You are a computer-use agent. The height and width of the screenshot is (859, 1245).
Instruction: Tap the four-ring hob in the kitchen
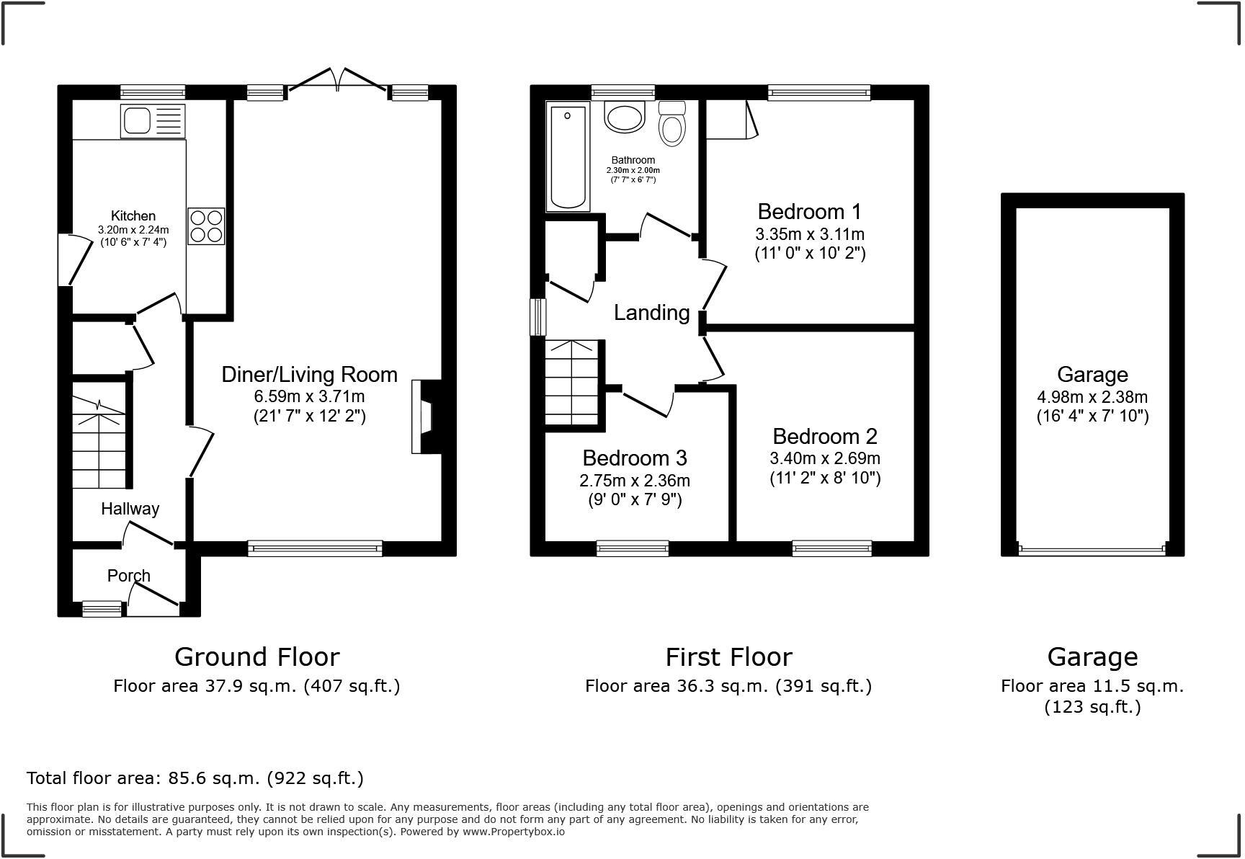(x=206, y=226)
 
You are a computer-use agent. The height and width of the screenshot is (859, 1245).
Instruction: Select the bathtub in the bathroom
(x=568, y=156)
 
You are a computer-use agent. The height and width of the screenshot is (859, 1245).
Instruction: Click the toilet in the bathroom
(x=671, y=124)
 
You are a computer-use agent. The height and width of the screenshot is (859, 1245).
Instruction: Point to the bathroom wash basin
(x=623, y=117)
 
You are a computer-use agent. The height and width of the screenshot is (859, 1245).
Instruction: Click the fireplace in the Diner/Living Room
(x=425, y=417)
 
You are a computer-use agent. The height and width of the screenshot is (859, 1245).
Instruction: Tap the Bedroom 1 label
(x=809, y=212)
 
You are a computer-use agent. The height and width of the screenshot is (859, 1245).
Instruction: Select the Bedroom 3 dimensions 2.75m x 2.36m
(x=634, y=481)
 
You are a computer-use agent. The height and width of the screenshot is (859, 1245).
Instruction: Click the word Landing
(x=651, y=313)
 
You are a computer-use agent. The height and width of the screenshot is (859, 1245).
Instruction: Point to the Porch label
(x=128, y=576)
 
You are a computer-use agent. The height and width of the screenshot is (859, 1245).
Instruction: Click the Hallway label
(x=130, y=509)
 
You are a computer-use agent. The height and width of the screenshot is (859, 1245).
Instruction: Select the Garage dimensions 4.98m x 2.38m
(x=1092, y=397)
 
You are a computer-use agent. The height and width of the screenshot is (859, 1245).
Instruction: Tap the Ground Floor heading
(x=256, y=657)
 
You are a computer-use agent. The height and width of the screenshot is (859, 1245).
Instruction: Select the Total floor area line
(x=195, y=778)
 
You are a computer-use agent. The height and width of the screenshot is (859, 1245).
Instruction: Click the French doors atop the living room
(x=337, y=81)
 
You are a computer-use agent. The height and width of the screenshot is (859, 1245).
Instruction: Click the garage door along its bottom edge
(x=1092, y=550)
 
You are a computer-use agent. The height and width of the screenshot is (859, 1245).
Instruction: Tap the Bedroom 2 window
(x=831, y=549)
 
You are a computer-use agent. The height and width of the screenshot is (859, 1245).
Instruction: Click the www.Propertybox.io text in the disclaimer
(x=513, y=832)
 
